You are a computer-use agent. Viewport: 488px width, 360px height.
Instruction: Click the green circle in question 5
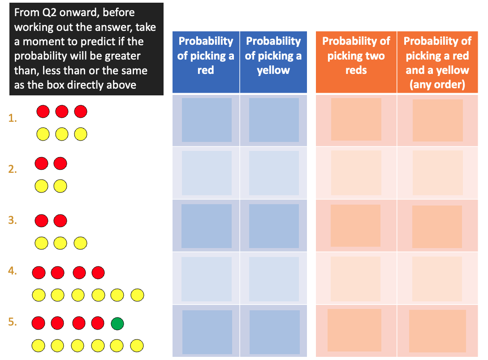(x=117, y=323)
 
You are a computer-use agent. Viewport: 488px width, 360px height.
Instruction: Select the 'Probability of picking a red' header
(x=206, y=56)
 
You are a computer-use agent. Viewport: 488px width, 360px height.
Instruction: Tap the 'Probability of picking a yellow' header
(x=273, y=56)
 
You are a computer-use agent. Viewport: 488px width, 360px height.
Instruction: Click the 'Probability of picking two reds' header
(x=356, y=56)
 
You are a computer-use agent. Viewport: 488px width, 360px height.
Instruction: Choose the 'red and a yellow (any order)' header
(x=437, y=63)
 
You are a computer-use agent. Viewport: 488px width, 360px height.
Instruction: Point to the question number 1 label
(x=13, y=118)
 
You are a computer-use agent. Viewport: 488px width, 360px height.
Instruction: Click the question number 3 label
(x=13, y=220)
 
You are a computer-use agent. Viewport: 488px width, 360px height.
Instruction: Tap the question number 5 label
(x=13, y=322)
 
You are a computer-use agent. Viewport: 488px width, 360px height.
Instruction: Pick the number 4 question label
(x=13, y=271)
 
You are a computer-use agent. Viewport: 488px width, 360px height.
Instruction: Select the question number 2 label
(x=13, y=169)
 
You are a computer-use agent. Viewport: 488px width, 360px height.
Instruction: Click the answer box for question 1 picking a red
(x=207, y=120)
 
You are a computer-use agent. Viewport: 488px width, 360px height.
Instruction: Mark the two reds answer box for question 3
(x=355, y=226)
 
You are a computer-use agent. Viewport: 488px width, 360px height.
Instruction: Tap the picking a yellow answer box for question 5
(x=275, y=332)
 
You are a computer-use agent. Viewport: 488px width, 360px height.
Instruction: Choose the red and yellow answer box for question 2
(x=437, y=173)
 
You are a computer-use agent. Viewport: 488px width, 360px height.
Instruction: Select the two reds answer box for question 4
(x=355, y=279)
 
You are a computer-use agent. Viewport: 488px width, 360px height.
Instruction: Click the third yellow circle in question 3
(x=80, y=243)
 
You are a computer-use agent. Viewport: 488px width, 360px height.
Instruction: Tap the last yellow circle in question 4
(x=137, y=295)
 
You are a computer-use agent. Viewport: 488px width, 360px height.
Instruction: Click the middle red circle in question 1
(x=62, y=111)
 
